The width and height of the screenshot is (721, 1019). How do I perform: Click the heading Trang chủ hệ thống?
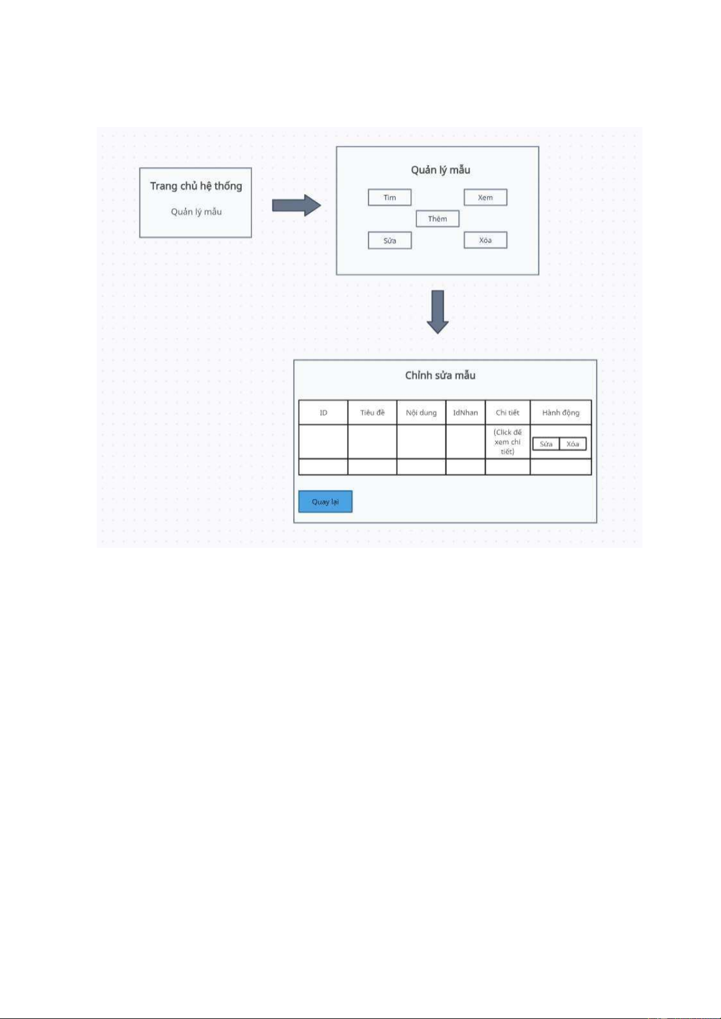click(196, 186)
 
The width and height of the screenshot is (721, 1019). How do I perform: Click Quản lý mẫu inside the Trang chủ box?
click(196, 212)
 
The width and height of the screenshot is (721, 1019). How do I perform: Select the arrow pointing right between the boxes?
click(296, 206)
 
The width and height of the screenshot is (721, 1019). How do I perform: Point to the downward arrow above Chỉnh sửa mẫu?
click(438, 312)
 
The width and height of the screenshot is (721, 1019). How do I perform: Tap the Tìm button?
click(390, 197)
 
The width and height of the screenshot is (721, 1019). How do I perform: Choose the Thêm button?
click(438, 219)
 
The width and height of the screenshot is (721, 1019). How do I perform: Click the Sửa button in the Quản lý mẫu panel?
click(390, 241)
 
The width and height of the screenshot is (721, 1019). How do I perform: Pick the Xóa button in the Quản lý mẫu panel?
click(485, 240)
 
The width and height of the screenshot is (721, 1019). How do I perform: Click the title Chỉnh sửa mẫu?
click(440, 376)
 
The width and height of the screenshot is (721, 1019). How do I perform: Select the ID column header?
click(323, 412)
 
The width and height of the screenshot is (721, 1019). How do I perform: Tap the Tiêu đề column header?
click(372, 412)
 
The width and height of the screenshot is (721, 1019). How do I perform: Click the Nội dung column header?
click(421, 412)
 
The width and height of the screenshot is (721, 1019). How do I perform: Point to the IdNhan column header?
click(465, 412)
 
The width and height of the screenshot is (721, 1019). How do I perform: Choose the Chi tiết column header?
click(507, 412)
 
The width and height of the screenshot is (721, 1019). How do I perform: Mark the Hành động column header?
click(560, 412)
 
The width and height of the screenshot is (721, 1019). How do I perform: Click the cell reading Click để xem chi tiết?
click(507, 441)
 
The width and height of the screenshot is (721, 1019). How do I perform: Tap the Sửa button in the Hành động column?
click(546, 444)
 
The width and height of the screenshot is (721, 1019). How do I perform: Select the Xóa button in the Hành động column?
click(573, 444)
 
